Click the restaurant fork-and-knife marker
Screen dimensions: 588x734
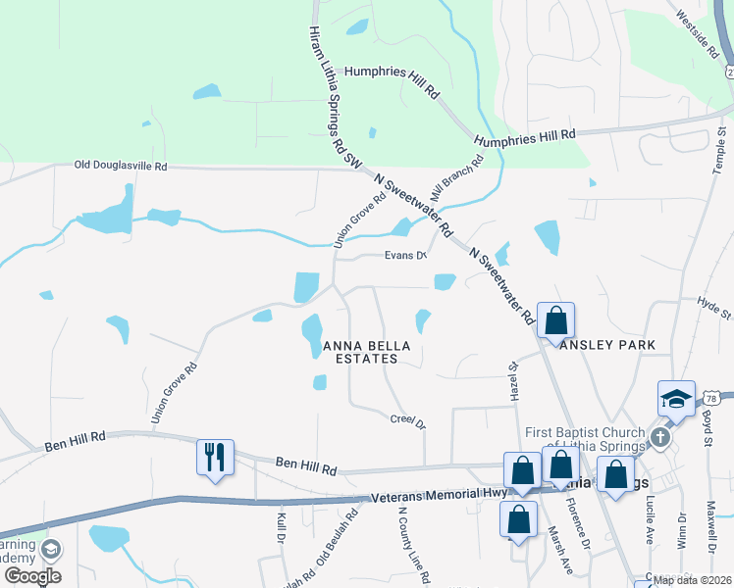tap(215, 458)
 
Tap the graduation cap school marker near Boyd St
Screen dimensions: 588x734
tap(676, 399)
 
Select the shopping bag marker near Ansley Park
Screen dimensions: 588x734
tap(555, 320)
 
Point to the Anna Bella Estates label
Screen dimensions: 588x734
tap(360, 353)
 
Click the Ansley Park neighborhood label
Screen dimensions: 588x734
tap(607, 346)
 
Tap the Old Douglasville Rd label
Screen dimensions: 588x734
tap(121, 166)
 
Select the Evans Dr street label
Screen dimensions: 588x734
tap(405, 257)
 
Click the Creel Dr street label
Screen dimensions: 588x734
tap(408, 420)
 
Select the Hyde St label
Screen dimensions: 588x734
tap(714, 309)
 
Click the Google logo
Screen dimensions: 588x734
tap(31, 576)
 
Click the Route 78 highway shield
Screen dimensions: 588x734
tap(712, 398)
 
